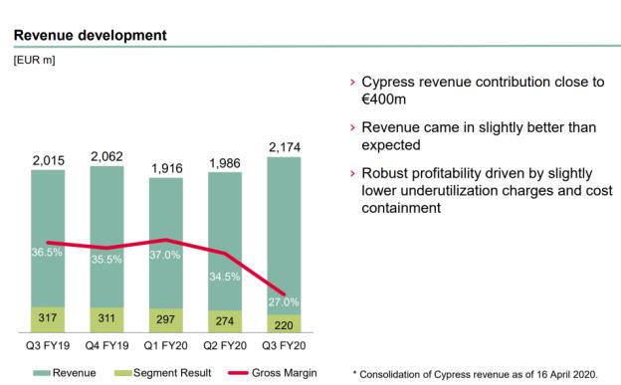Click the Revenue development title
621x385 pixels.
click(91, 35)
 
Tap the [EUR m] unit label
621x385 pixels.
click(35, 61)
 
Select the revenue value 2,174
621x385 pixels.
click(285, 147)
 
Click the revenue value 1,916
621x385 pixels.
click(167, 168)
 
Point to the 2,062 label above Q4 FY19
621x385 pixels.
click(106, 156)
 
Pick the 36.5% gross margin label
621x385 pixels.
click(47, 253)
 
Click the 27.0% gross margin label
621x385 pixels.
click(284, 302)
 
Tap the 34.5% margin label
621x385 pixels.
click(225, 277)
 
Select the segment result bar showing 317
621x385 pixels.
click(48, 319)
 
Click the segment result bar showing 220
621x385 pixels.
click(284, 323)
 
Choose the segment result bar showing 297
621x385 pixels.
click(166, 320)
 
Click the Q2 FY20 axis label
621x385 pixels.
click(225, 346)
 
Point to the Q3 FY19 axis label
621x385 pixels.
click(48, 346)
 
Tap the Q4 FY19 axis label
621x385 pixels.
click(106, 346)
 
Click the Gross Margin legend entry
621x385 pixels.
click(273, 373)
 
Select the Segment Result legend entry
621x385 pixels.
click(163, 373)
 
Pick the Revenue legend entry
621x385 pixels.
click(64, 373)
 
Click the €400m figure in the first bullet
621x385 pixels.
click(384, 99)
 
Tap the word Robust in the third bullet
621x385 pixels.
click(383, 173)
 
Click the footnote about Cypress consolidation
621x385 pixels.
click(475, 374)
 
